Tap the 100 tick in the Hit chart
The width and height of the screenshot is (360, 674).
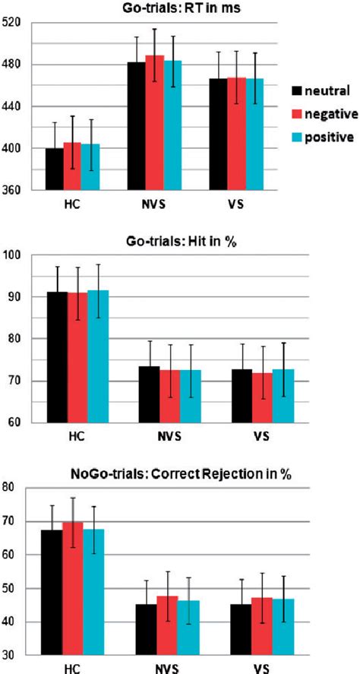tap(14, 255)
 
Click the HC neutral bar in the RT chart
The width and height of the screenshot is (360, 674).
tap(55, 169)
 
